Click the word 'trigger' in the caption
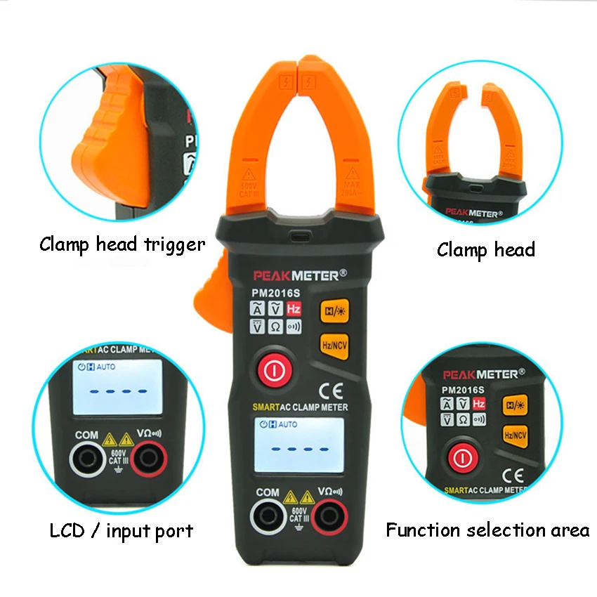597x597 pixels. (173, 244)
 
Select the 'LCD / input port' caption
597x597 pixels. (121, 531)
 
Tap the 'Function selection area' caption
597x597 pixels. (487, 530)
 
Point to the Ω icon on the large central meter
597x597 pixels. (275, 327)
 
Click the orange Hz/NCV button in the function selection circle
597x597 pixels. (516, 435)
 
